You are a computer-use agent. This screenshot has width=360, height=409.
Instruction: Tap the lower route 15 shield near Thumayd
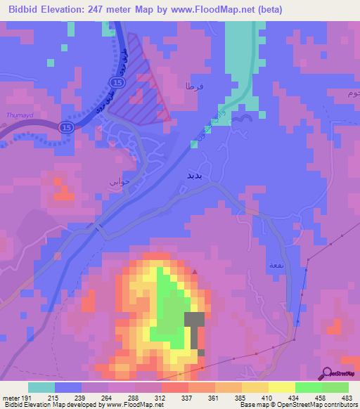click(x=66, y=127)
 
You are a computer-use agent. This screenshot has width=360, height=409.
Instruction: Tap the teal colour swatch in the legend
click(x=41, y=387)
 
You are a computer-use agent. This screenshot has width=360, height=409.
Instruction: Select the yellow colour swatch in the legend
click(x=281, y=387)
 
